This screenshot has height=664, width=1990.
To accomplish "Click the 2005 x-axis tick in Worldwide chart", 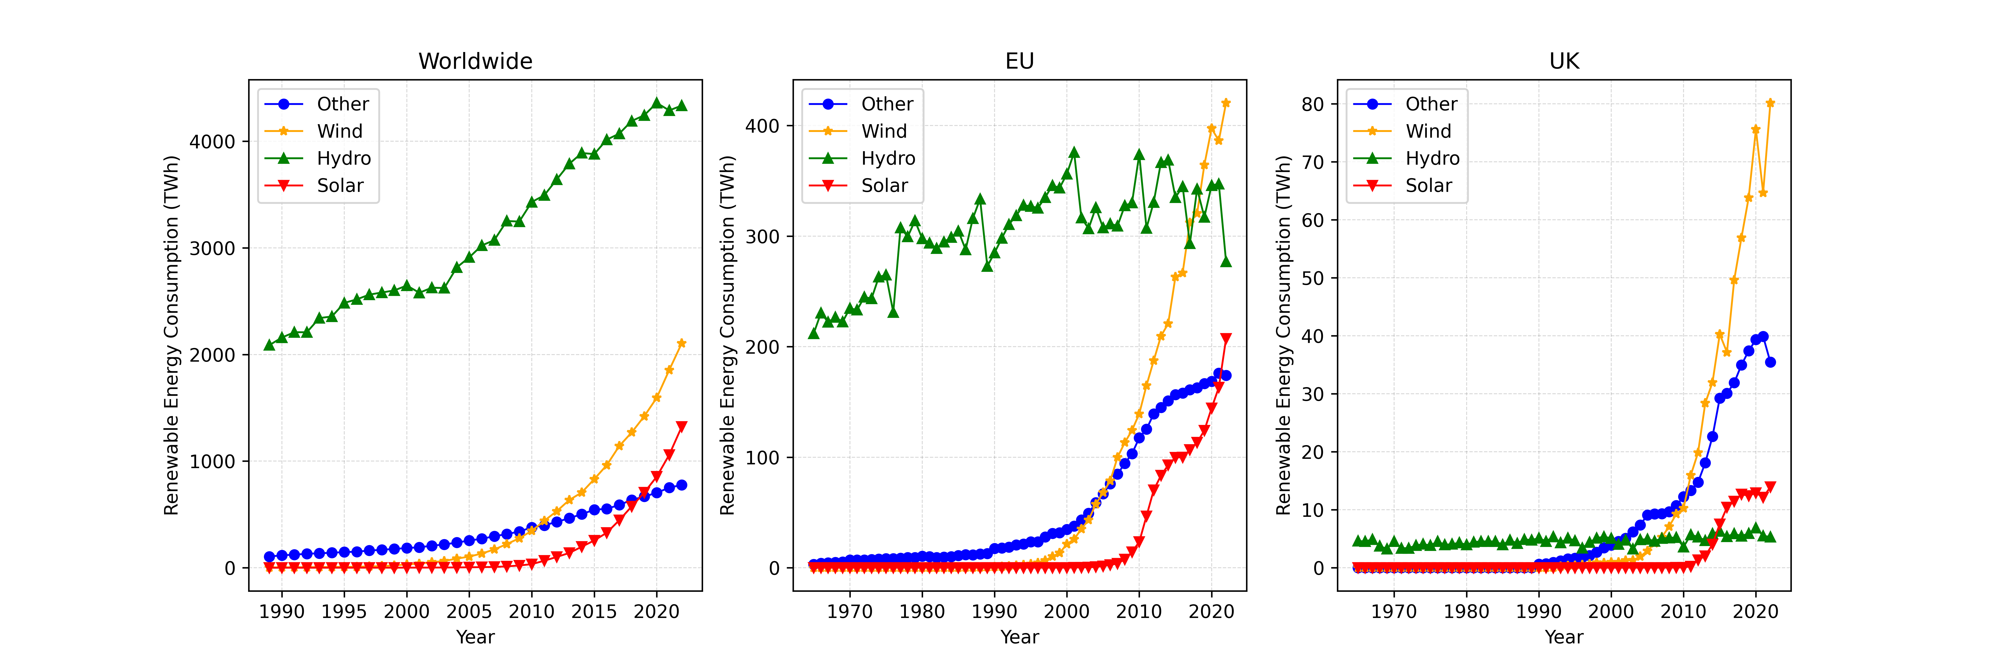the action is [469, 612].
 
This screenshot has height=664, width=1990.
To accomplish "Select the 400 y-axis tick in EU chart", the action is [762, 126].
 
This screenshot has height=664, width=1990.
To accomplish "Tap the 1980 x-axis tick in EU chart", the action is [922, 612].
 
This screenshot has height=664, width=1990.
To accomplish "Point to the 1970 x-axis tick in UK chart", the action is [1394, 612].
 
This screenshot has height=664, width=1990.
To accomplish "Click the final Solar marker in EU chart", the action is [1226, 339].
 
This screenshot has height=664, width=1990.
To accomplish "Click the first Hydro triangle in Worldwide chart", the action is [269, 345].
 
